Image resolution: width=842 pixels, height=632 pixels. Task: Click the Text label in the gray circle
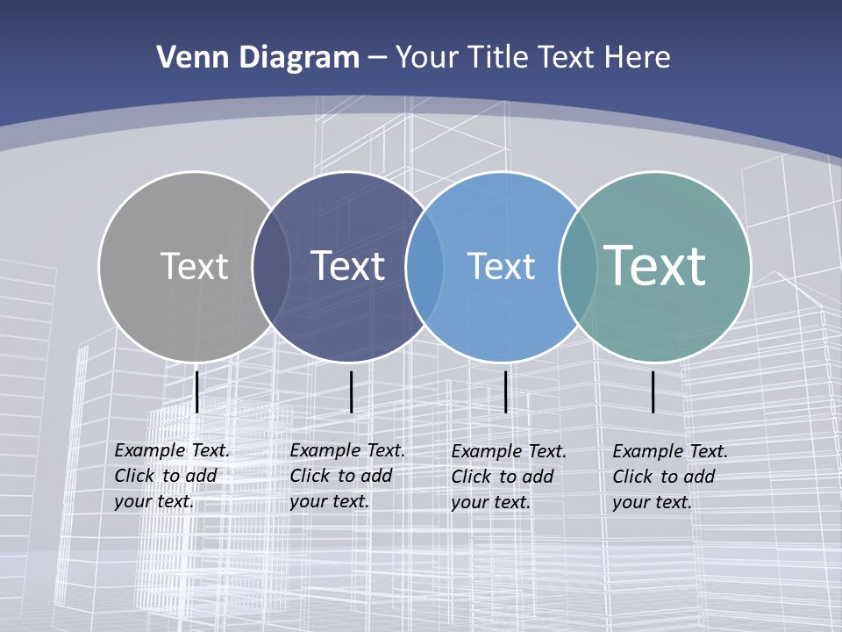click(194, 266)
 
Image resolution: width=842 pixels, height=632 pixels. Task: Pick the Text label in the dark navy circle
click(348, 266)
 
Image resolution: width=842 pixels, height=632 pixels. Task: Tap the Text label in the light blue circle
click(501, 266)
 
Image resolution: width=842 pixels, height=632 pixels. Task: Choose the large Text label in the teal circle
click(655, 266)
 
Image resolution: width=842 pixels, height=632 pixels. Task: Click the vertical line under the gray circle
click(197, 391)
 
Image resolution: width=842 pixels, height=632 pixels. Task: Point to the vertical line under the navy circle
click(351, 391)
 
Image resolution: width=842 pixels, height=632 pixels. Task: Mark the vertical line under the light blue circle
click(506, 391)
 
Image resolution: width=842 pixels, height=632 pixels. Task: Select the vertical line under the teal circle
click(653, 391)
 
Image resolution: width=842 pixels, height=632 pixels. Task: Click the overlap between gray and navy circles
click(271, 266)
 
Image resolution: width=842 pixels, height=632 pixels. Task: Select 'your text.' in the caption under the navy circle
click(329, 501)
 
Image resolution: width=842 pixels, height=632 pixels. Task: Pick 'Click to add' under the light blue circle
click(503, 477)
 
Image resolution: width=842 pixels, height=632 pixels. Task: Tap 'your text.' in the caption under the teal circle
click(652, 502)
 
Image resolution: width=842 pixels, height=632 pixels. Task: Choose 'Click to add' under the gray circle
click(166, 476)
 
